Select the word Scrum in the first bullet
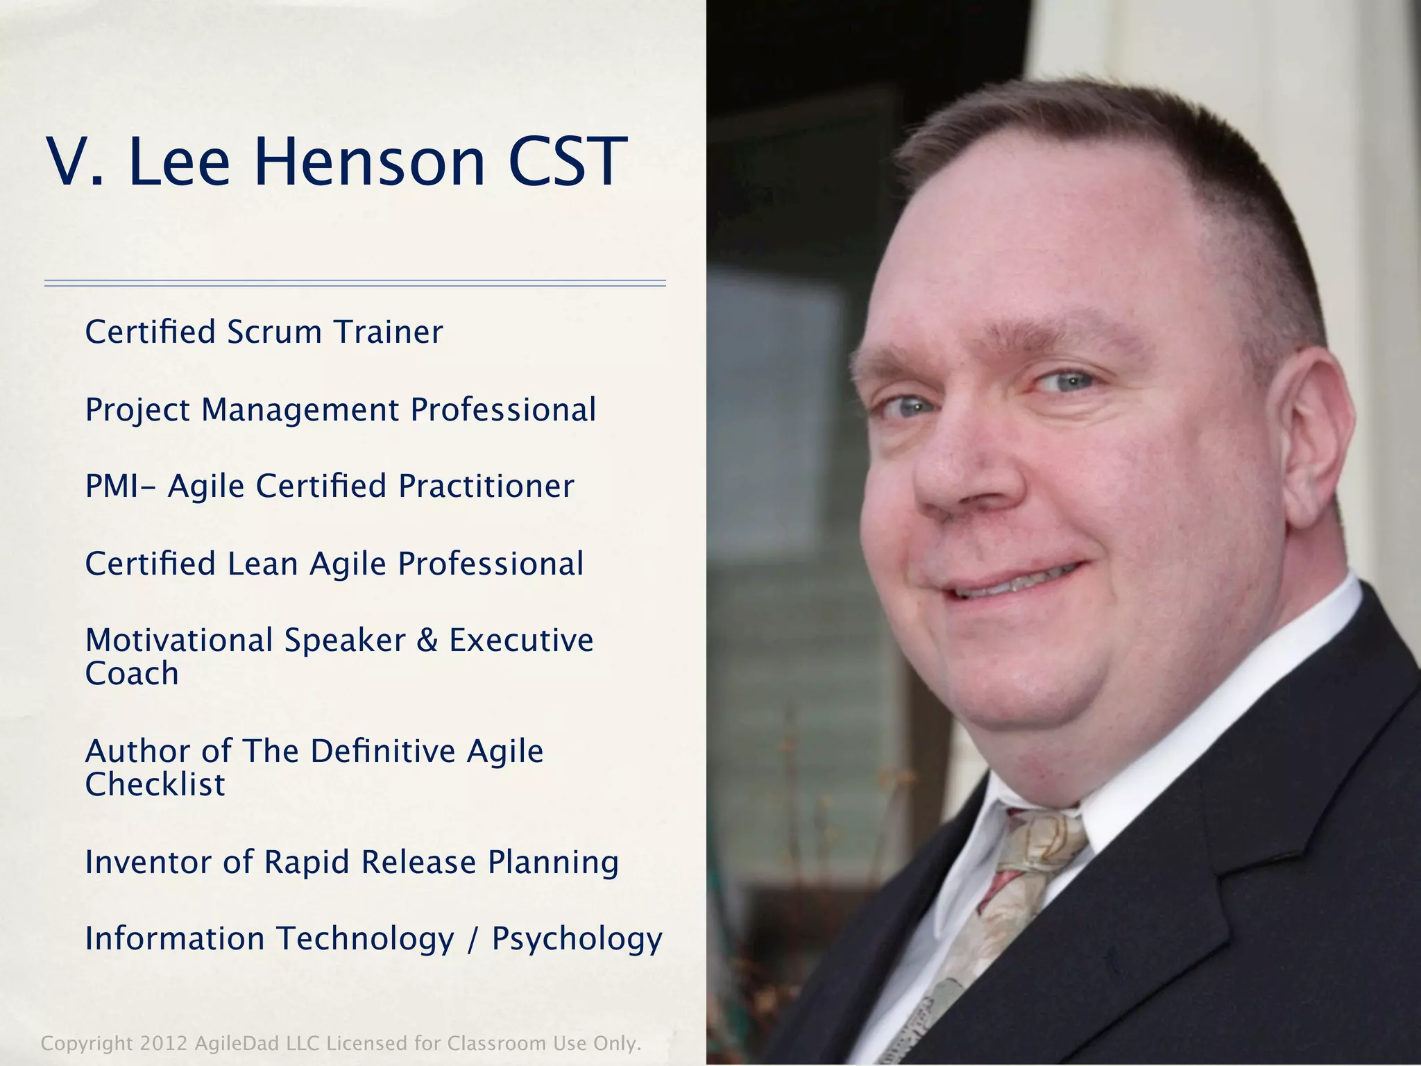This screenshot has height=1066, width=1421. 274,332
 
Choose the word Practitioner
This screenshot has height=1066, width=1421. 486,486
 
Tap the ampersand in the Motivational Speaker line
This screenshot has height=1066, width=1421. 427,640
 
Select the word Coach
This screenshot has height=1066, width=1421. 132,673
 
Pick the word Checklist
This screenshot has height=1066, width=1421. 155,784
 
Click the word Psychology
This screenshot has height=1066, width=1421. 577,940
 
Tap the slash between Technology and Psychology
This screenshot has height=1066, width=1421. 473,940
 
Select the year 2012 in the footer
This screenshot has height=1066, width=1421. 163,1043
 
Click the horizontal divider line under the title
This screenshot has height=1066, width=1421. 355,283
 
